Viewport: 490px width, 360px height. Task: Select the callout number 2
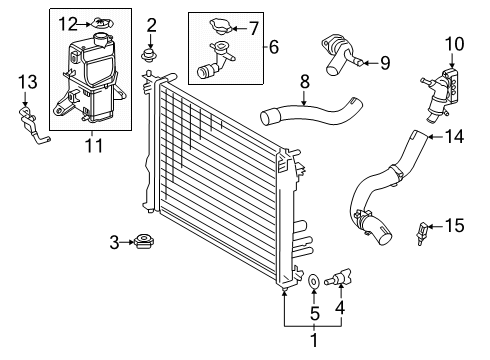(x=152, y=24)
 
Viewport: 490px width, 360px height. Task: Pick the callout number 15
(x=454, y=226)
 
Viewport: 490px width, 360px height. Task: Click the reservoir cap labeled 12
(x=98, y=22)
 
